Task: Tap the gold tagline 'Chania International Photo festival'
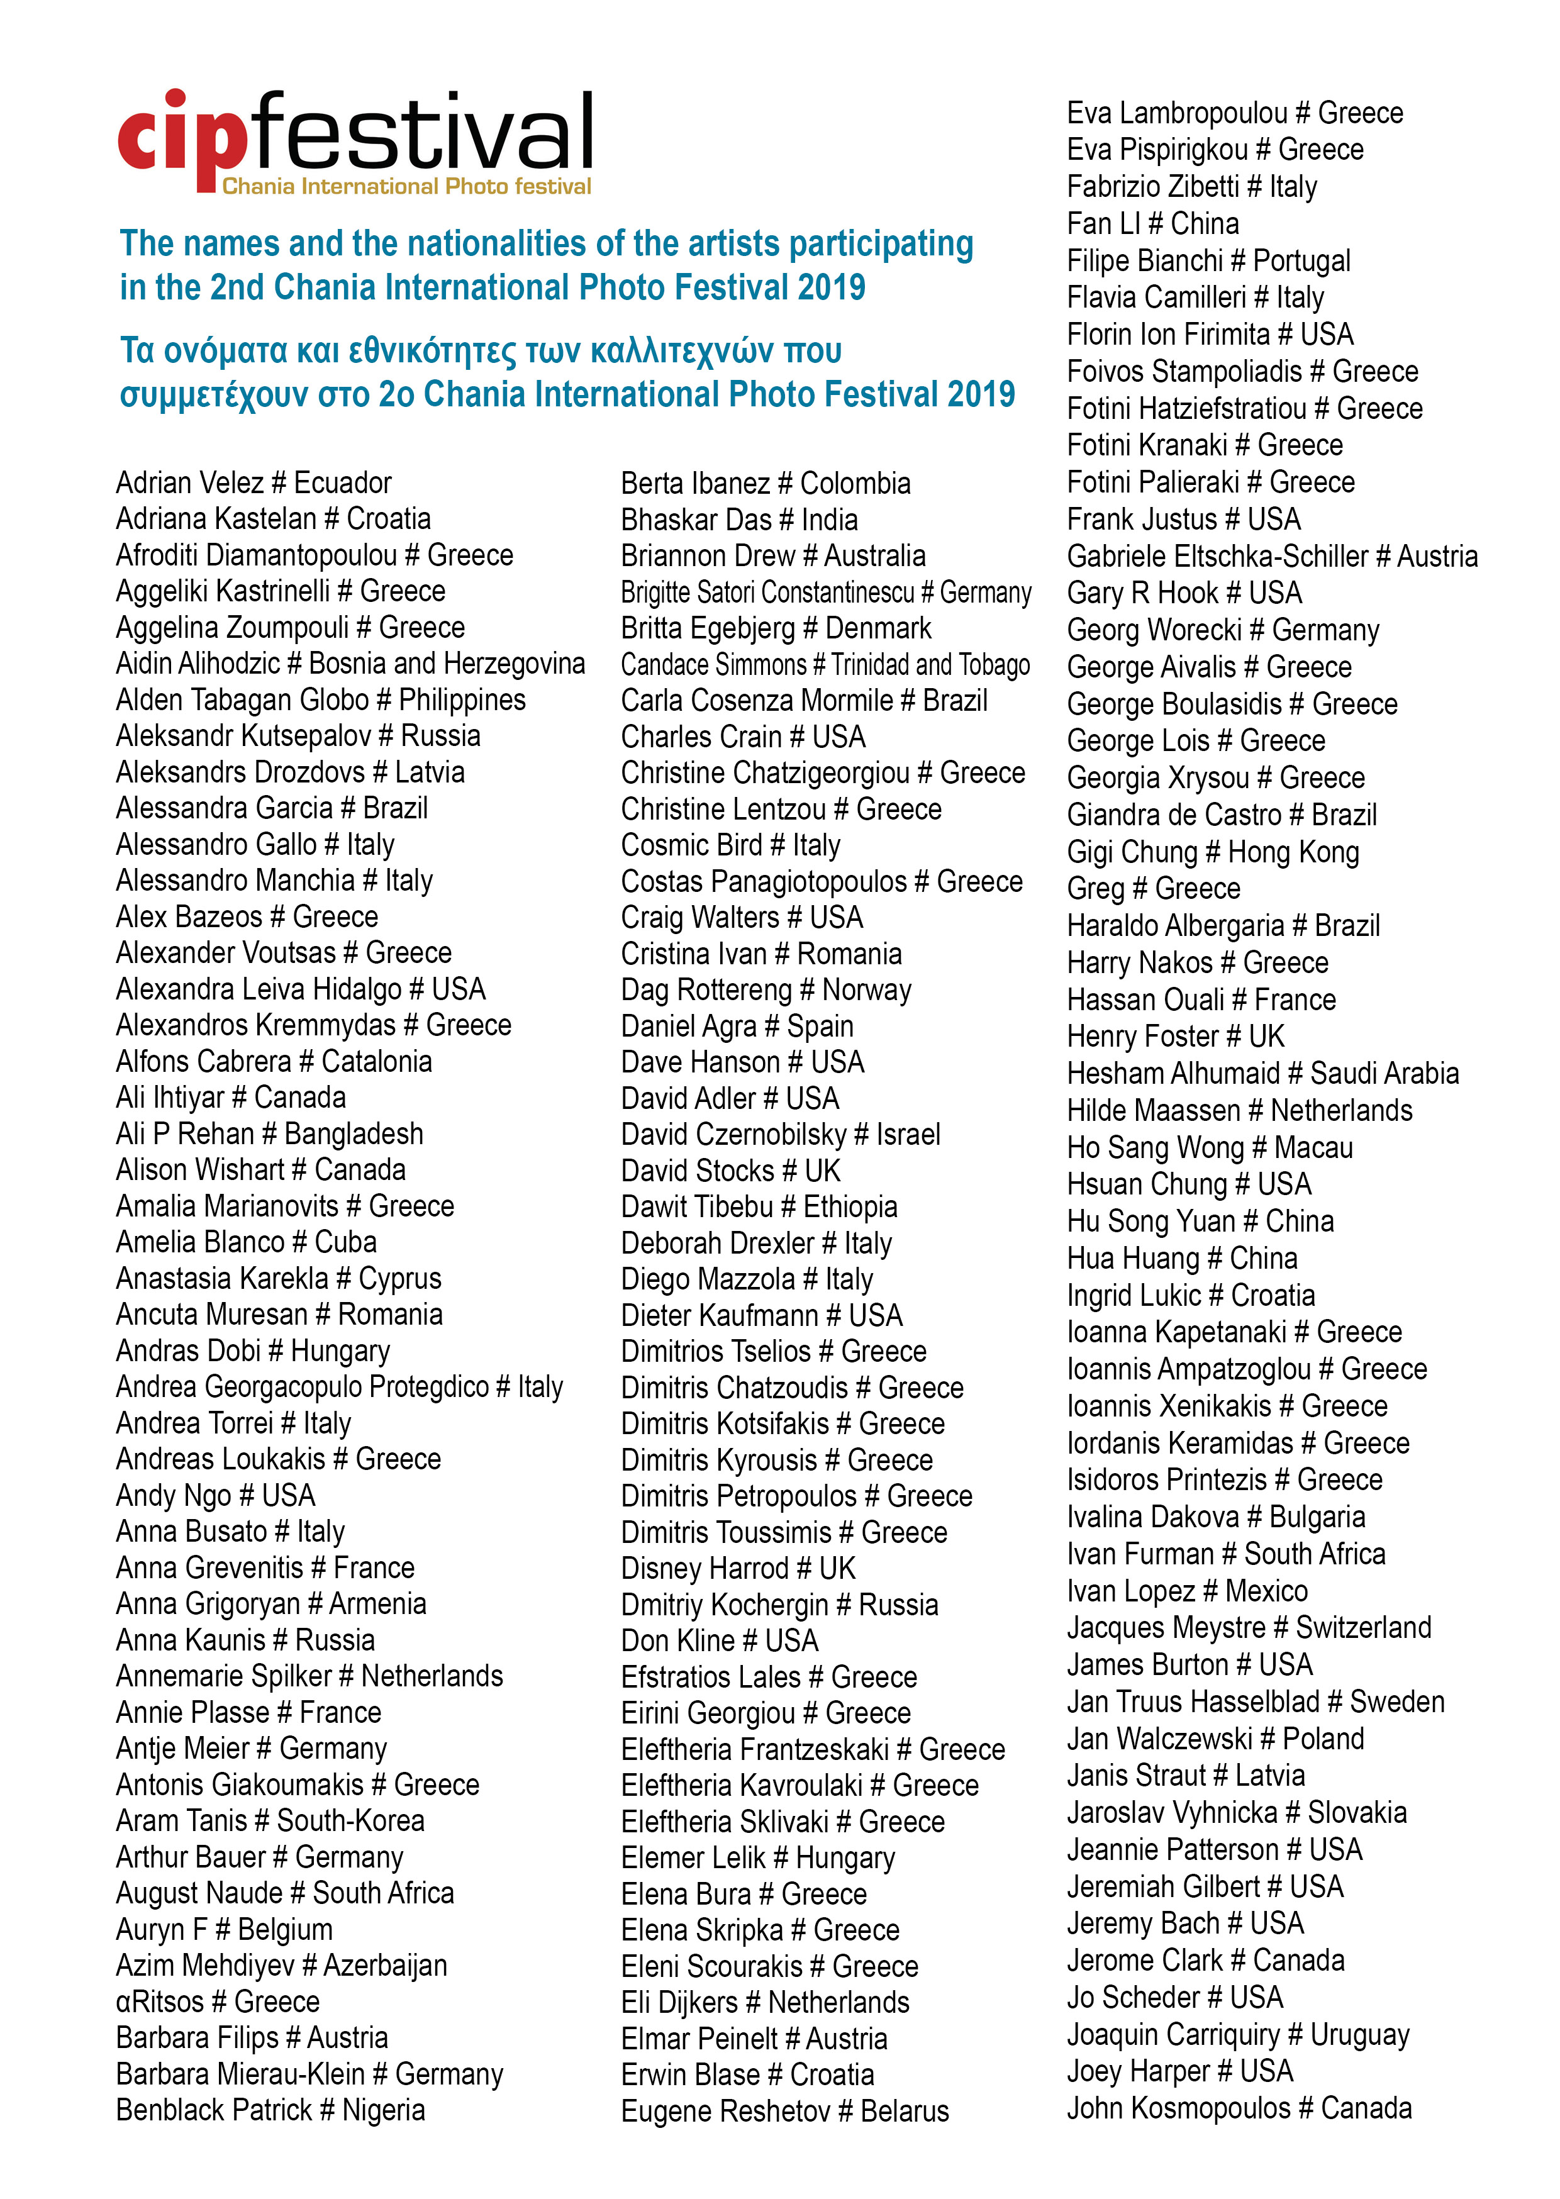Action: coord(406,186)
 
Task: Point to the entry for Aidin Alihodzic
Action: coord(350,664)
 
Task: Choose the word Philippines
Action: coord(462,700)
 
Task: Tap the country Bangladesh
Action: coord(354,1134)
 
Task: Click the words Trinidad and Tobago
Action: coord(930,664)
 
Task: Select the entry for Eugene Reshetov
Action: coord(784,2111)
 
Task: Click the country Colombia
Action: coord(855,483)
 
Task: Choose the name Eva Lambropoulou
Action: coord(1177,113)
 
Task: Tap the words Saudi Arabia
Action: coord(1384,1074)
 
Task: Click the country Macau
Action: coord(1313,1147)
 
